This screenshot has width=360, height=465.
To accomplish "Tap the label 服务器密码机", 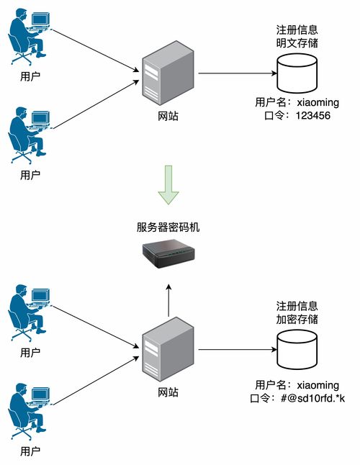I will point(168,227).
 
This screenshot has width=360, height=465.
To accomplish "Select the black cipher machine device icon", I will point(168,254).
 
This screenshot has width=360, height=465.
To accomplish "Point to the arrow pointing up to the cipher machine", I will point(168,299).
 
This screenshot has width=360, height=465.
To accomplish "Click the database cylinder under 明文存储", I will point(297,73).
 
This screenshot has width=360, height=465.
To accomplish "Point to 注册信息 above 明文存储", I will point(297,30).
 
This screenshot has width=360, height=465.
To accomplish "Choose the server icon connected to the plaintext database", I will point(168,73).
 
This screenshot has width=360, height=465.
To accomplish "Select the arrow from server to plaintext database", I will point(238,73).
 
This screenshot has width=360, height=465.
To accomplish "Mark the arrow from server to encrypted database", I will point(238,351).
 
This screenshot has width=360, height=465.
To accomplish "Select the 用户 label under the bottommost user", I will point(30,451).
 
